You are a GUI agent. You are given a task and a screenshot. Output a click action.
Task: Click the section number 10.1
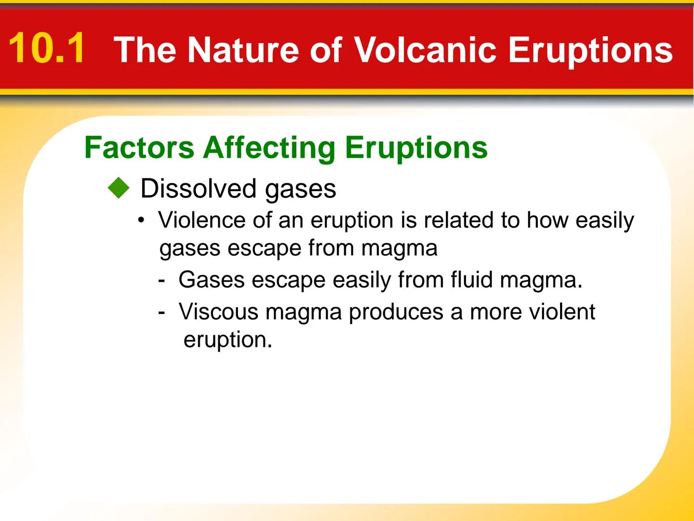point(47,48)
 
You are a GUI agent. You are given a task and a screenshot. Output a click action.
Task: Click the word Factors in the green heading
point(139,147)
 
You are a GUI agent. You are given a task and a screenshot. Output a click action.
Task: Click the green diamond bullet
point(119,188)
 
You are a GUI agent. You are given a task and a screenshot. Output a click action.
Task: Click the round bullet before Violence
point(141,221)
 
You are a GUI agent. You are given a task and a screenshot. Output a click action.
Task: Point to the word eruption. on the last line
point(227,340)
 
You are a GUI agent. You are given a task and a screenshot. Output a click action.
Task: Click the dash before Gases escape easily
point(161,280)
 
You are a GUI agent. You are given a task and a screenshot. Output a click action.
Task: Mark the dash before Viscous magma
point(161,312)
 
